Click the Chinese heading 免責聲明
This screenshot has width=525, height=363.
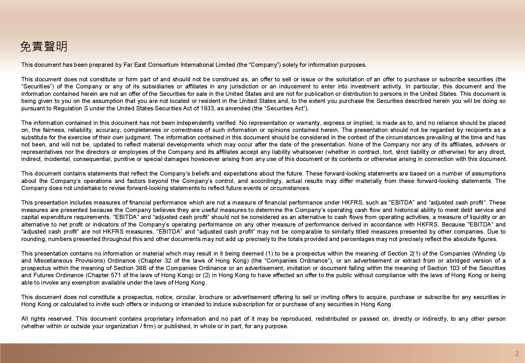(44, 47)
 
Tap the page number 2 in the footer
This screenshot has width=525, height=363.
(517, 354)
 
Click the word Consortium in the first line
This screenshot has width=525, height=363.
(163, 65)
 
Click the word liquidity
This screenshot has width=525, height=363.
(482, 217)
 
